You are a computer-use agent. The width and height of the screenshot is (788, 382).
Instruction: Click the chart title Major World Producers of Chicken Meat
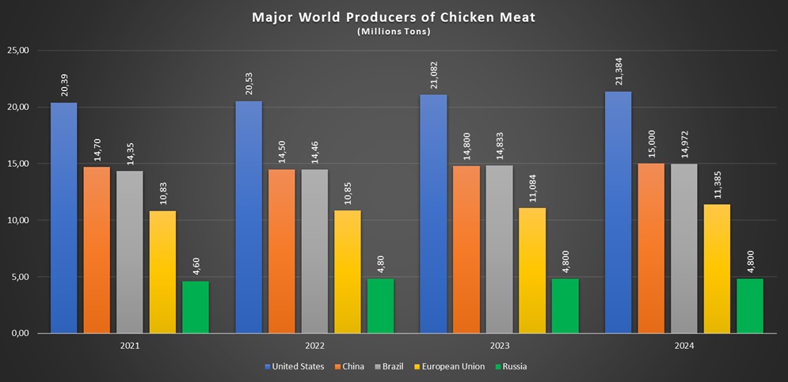tap(393, 17)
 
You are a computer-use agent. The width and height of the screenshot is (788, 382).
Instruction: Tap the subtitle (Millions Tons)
tap(393, 32)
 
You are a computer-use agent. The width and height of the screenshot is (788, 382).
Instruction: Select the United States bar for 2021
tap(64, 217)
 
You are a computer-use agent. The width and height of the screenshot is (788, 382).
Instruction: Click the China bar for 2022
tap(281, 251)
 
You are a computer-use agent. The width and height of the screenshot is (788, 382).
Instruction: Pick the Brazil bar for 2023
tap(499, 249)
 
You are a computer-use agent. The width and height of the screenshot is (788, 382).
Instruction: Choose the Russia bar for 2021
tap(196, 307)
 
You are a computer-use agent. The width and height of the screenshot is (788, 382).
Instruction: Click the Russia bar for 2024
tap(749, 305)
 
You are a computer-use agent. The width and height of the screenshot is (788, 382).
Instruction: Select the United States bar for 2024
tap(618, 212)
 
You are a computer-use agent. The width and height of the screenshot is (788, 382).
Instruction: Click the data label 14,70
tap(97, 146)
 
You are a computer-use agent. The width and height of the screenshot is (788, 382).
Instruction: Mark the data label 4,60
tap(196, 263)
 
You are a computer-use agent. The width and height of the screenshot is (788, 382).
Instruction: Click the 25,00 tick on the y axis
tap(17, 51)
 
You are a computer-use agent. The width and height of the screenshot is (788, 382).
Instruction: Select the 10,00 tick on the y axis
tap(17, 221)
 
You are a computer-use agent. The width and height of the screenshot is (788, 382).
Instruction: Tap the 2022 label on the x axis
tap(314, 346)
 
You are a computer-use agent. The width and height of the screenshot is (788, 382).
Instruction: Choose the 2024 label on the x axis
tap(683, 346)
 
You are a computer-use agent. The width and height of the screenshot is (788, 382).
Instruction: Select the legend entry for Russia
tap(513, 366)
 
